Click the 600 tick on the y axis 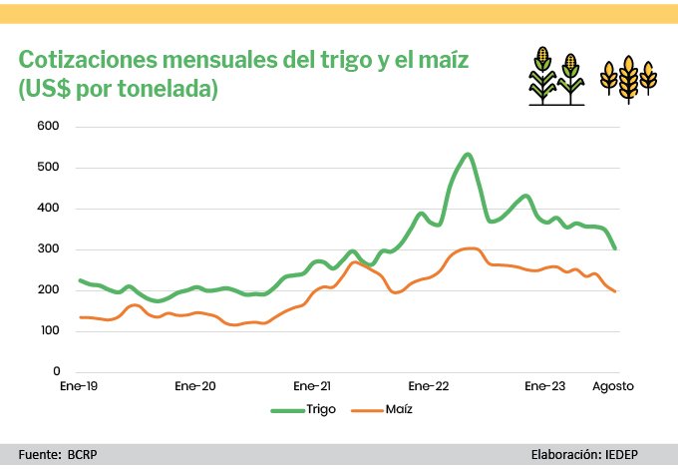click(x=50, y=127)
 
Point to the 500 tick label click(x=50, y=168)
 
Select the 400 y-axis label click(x=50, y=209)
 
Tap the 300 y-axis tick click(x=50, y=249)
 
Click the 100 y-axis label click(x=50, y=330)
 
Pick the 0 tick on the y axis click(x=57, y=371)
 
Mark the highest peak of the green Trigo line click(x=468, y=155)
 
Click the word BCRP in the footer click(x=83, y=454)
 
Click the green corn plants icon click(x=555, y=76)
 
